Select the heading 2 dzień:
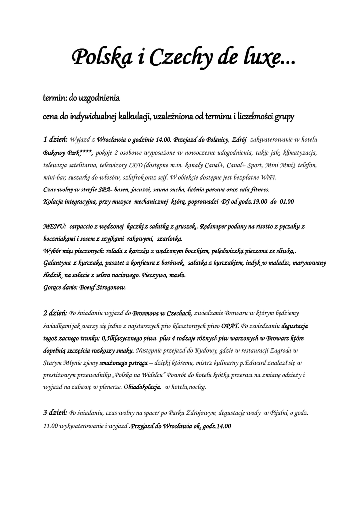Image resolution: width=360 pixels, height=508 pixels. (55, 313)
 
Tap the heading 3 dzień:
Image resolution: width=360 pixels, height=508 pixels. (55, 412)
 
